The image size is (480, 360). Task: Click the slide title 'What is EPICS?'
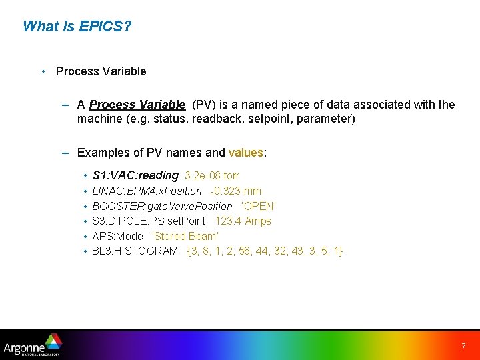(x=77, y=27)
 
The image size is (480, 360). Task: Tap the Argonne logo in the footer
(x=32, y=345)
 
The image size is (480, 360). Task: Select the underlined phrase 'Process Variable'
(x=137, y=105)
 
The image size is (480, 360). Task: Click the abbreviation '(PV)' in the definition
(x=203, y=105)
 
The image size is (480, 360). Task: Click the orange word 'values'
(x=246, y=153)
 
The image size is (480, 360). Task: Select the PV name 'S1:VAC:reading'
(x=135, y=175)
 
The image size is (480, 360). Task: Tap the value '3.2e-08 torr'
(x=211, y=176)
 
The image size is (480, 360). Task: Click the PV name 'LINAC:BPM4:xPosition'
(x=147, y=191)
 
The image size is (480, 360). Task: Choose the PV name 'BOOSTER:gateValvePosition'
(x=162, y=206)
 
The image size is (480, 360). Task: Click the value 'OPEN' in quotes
(x=259, y=206)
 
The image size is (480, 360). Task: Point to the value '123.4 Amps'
(x=243, y=221)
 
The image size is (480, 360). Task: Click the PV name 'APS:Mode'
(x=117, y=236)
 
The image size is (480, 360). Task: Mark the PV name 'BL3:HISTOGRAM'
(x=135, y=251)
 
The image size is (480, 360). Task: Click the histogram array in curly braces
(x=265, y=251)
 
